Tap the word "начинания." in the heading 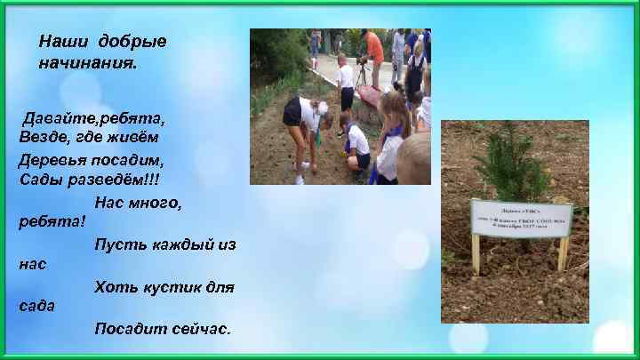tap(88, 64)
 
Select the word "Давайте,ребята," tap(93, 118)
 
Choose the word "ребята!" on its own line tap(52, 221)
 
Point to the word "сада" tap(37, 306)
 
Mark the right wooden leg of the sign tap(562, 254)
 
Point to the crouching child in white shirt tap(357, 145)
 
